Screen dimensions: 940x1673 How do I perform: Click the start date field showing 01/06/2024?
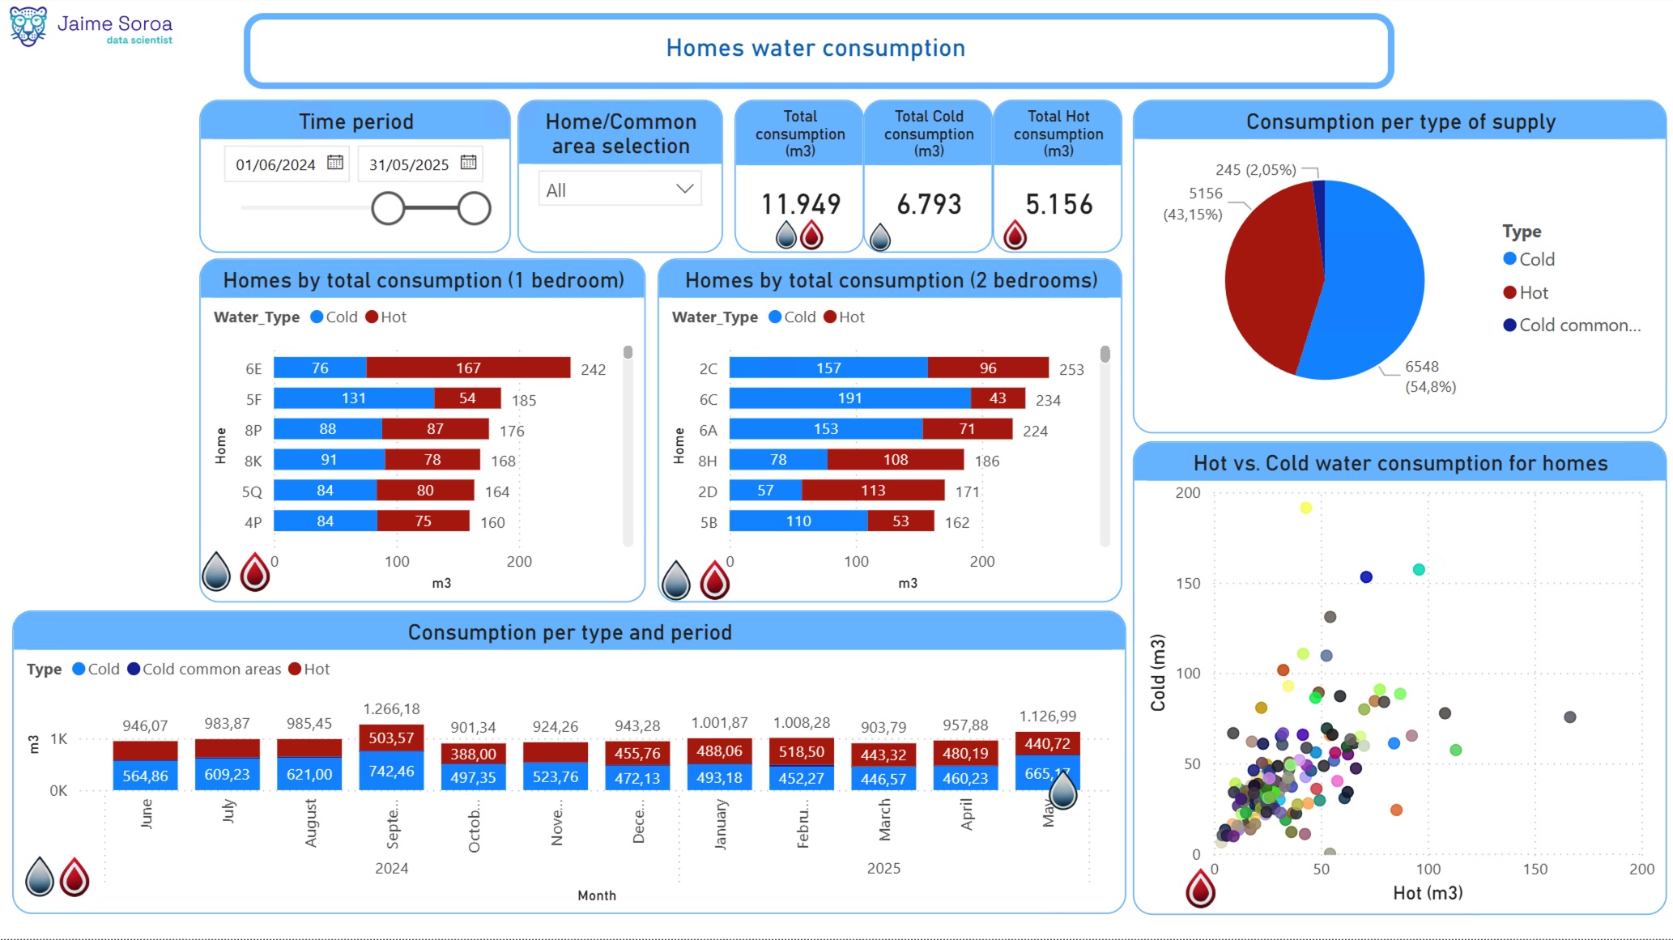click(276, 165)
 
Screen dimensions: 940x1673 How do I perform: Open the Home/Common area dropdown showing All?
click(619, 189)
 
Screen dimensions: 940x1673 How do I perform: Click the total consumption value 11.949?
click(801, 204)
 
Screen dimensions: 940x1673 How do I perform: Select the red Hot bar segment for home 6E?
click(468, 368)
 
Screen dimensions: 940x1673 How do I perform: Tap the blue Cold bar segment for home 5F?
click(354, 398)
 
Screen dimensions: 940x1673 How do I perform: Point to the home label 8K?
click(253, 461)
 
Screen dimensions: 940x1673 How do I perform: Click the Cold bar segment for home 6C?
click(849, 398)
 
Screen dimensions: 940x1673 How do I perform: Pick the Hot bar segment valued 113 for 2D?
click(873, 491)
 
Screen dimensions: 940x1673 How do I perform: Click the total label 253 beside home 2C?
click(1071, 370)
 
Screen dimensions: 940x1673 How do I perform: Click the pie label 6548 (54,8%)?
click(1429, 376)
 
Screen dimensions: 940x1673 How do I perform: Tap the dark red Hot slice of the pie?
click(1271, 275)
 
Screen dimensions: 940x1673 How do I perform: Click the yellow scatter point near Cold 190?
click(1305, 508)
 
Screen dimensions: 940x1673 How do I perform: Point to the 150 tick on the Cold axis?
click(1188, 584)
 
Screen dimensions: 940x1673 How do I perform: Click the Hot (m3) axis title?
click(1428, 893)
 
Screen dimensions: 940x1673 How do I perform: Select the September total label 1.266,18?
click(391, 709)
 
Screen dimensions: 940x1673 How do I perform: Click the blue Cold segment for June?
click(146, 776)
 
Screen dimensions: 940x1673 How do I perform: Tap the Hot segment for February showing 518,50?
click(802, 752)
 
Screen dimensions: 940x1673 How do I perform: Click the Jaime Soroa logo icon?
click(28, 27)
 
